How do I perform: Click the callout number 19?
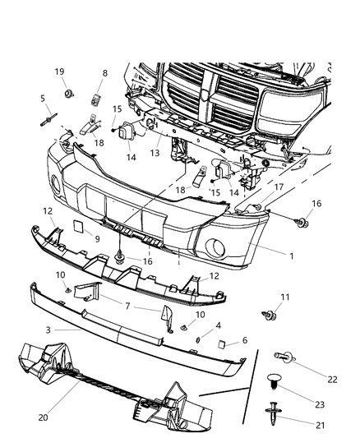(x=60, y=72)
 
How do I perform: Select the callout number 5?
(x=42, y=99)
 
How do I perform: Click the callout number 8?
(x=104, y=73)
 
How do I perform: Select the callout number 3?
(x=48, y=330)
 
